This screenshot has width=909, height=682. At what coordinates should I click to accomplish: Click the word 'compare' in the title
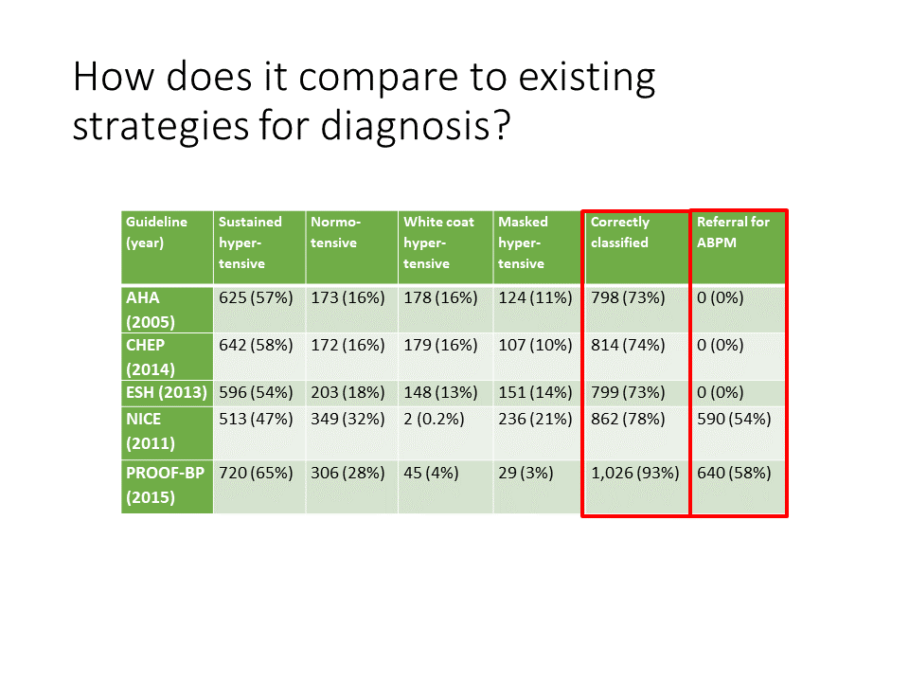pyautogui.click(x=378, y=77)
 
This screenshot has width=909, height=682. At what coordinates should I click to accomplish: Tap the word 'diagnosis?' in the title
pyautogui.click(x=416, y=125)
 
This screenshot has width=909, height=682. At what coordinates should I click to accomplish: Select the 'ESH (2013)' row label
pyautogui.click(x=167, y=392)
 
